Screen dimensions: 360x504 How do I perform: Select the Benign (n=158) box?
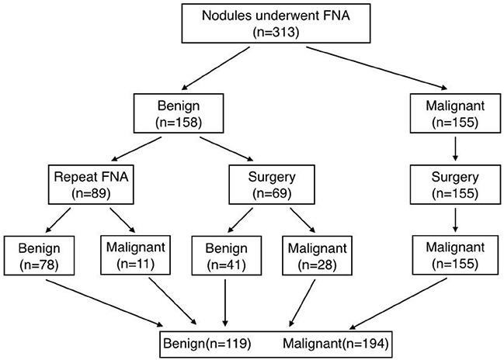[178, 112]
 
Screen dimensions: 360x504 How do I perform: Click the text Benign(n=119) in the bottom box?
[207, 342]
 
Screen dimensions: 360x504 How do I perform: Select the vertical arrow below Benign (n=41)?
[225, 300]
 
